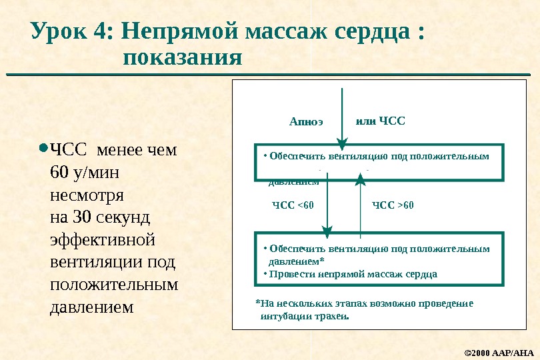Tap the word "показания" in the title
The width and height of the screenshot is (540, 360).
click(182, 58)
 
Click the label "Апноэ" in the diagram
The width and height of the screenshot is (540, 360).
click(306, 122)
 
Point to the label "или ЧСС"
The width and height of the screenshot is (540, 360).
click(381, 121)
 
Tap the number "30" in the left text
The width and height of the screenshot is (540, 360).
click(82, 217)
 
